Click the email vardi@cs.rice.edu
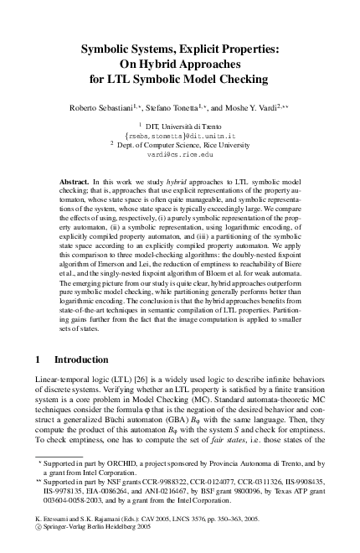coord(179,155)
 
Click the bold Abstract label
coord(77,181)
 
